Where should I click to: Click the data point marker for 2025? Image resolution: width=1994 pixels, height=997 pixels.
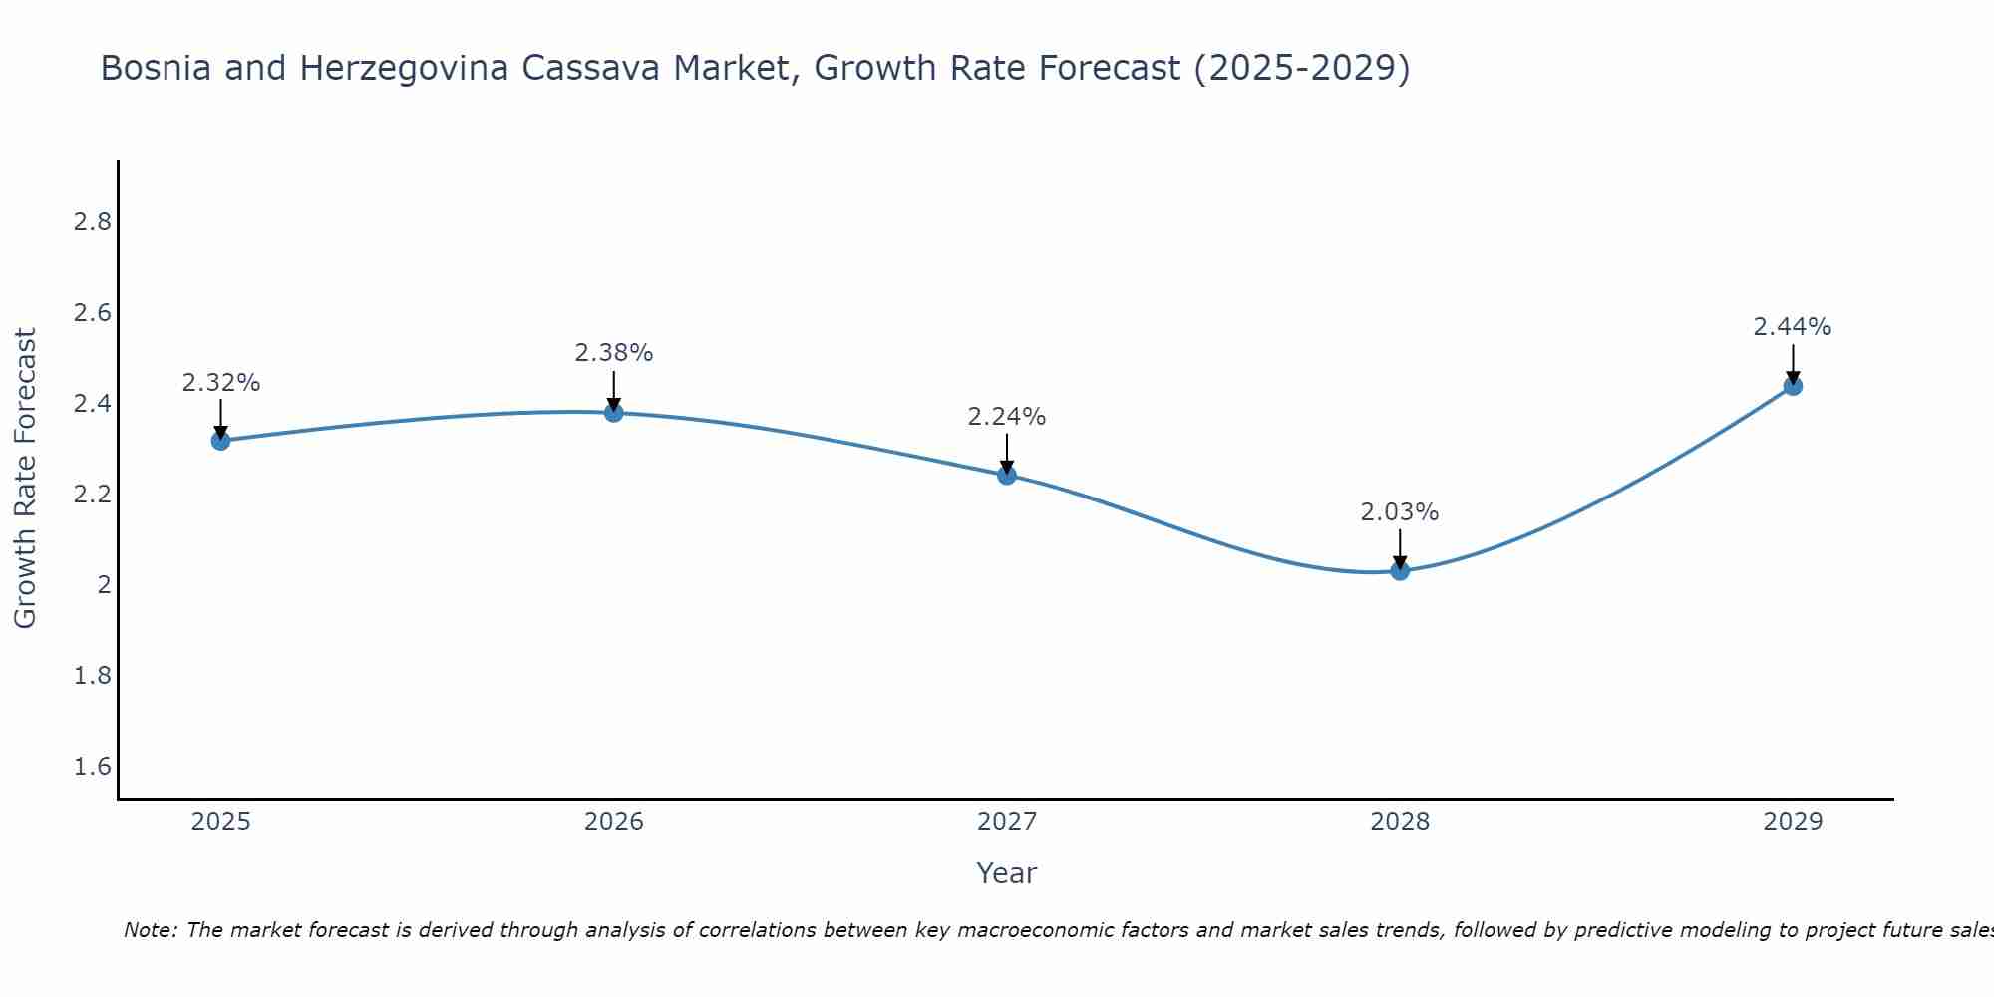pos(220,441)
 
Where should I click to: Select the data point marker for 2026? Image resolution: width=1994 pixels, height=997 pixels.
pos(614,412)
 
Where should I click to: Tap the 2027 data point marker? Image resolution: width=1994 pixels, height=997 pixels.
pos(1007,475)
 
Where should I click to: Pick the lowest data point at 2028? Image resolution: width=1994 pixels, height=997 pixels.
pos(1400,571)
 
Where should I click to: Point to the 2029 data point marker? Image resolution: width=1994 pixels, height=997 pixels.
pos(1793,386)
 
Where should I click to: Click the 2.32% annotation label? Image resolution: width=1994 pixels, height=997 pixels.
pos(220,383)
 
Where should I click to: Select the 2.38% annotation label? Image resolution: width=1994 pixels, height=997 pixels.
pos(614,353)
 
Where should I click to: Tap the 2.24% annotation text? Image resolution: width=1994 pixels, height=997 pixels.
pos(1007,417)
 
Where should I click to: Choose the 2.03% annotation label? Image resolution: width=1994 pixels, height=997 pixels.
pos(1400,512)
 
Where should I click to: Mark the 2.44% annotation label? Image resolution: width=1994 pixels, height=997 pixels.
pos(1793,327)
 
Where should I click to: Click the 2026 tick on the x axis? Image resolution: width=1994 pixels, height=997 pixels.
pos(614,822)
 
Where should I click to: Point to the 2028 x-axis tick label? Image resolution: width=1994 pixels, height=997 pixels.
pos(1400,822)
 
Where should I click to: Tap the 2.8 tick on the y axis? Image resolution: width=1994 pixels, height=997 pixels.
pos(93,222)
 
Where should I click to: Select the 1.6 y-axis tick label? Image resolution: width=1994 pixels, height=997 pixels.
pos(93,767)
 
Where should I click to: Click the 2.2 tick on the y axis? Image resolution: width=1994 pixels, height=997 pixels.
pos(93,495)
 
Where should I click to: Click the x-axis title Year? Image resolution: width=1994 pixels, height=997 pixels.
pos(1007,873)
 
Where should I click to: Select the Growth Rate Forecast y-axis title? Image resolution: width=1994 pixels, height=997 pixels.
pos(26,479)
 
